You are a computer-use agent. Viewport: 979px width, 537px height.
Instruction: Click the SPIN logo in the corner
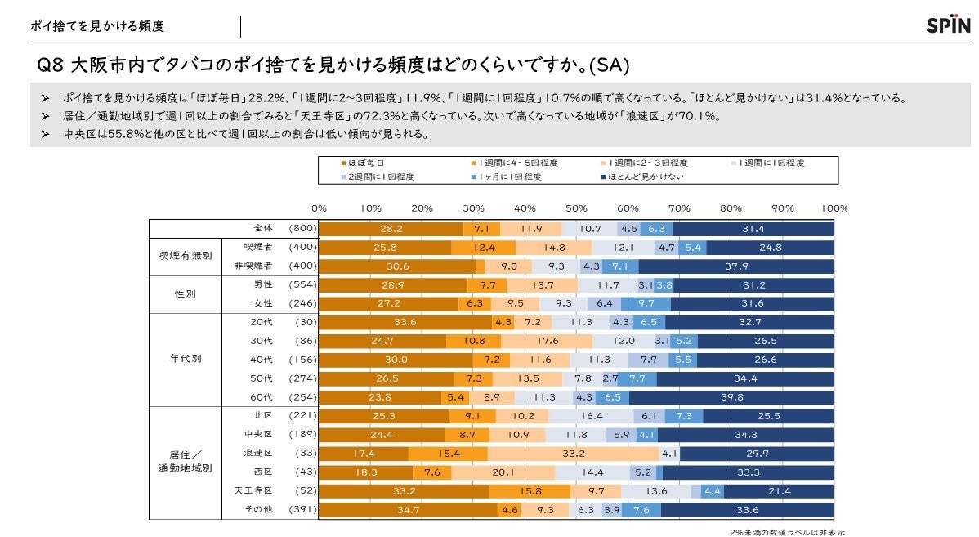coord(946,25)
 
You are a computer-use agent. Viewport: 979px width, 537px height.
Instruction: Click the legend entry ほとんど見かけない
coord(646,176)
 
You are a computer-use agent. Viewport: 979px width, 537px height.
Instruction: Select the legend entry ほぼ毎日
coord(363,163)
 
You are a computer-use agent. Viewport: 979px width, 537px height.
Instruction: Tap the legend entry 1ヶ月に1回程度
coord(510,176)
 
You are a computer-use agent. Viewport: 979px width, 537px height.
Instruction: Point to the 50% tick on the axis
coord(576,208)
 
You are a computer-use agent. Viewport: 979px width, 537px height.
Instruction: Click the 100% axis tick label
coord(834,208)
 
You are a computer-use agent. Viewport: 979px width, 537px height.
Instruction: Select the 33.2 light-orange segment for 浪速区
coord(573,454)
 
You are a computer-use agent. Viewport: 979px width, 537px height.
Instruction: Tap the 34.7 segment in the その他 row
coord(408,510)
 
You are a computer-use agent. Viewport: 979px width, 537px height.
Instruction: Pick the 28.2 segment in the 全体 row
coord(391,229)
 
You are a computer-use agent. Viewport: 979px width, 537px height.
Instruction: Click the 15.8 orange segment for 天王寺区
coord(530,491)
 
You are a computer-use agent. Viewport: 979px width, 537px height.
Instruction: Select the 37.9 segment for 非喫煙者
coord(736,266)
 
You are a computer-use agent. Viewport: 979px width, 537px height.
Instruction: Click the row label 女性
coord(262,303)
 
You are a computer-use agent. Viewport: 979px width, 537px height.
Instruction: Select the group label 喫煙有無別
coord(185,255)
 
